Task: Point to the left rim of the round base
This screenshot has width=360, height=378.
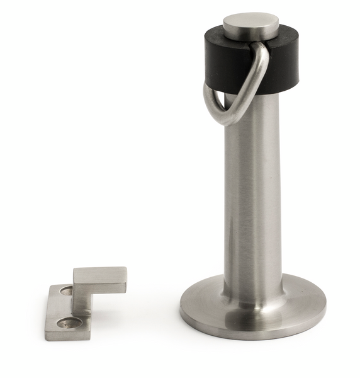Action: coord(184,306)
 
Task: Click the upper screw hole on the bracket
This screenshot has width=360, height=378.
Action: coord(65,290)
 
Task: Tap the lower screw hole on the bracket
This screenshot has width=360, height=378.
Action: coord(67,324)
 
